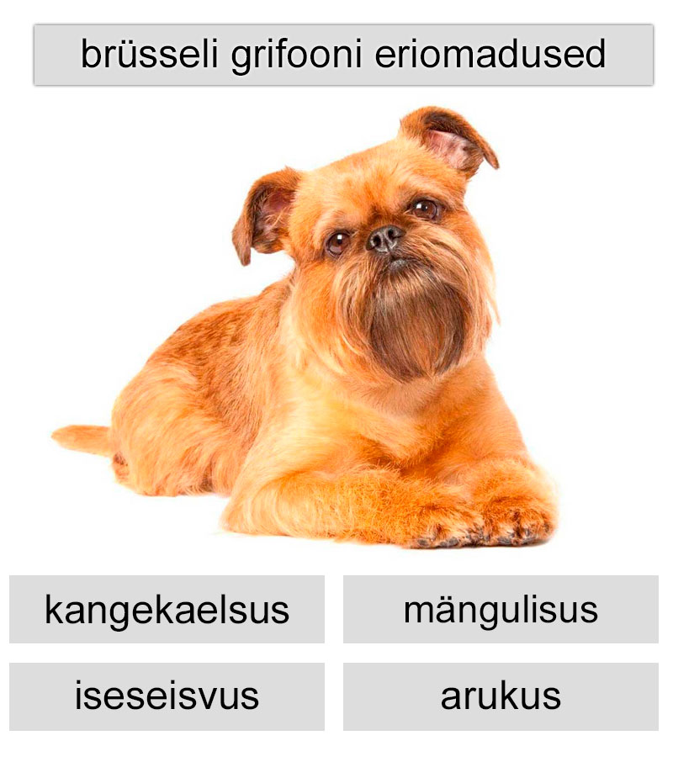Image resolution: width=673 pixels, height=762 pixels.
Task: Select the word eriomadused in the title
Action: pyautogui.click(x=490, y=55)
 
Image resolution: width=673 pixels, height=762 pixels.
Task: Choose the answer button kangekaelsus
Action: pyautogui.click(x=167, y=610)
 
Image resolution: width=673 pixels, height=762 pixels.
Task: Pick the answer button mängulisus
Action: pyautogui.click(x=501, y=610)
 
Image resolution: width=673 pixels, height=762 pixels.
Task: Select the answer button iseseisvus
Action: pyautogui.click(x=167, y=696)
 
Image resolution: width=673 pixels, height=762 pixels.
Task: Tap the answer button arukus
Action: pyautogui.click(x=501, y=696)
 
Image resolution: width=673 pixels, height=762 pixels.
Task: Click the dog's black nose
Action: pyautogui.click(x=385, y=238)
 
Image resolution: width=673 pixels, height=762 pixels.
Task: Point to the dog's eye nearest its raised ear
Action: pyautogui.click(x=425, y=208)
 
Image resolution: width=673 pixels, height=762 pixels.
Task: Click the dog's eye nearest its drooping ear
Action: pyautogui.click(x=338, y=242)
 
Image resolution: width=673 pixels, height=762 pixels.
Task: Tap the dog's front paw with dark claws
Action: pyautogui.click(x=513, y=521)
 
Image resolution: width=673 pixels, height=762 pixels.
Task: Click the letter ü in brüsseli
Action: pyautogui.click(x=117, y=55)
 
